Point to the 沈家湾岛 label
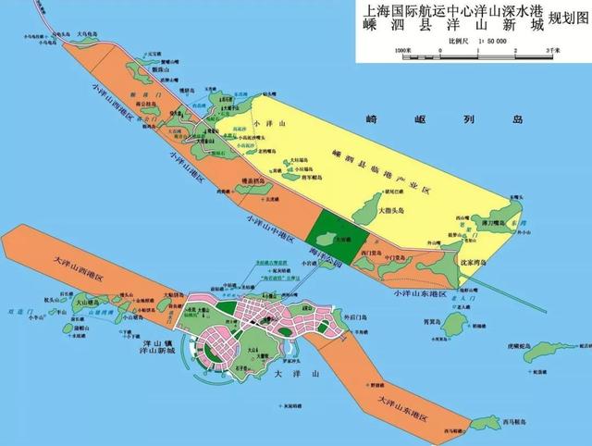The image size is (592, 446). (471, 264)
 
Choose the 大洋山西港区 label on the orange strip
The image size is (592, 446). (70, 261)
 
